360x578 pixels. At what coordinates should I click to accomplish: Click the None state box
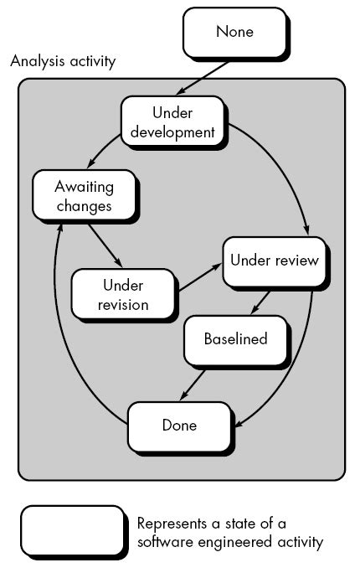point(234,33)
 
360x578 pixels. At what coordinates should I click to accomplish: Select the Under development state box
point(172,121)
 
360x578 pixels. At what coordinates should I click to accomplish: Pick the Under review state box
point(274,260)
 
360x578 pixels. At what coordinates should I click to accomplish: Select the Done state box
point(178,426)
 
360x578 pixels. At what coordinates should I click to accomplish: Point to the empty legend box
point(72,531)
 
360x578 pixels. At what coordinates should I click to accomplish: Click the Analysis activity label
point(63,62)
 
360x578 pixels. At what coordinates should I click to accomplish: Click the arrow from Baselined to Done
point(193,384)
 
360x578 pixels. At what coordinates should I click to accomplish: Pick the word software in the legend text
point(163,542)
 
